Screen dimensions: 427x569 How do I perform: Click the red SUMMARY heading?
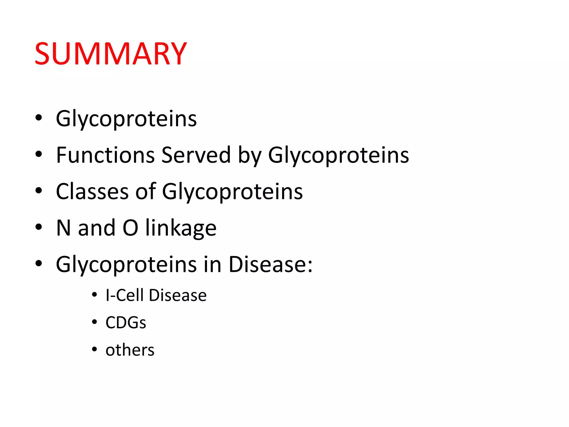click(111, 53)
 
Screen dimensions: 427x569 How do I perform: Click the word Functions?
click(105, 155)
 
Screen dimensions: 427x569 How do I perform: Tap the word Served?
click(196, 155)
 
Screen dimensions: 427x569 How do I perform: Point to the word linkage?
click(181, 228)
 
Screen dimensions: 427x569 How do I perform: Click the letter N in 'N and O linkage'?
click(63, 228)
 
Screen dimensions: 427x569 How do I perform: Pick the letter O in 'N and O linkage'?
click(130, 228)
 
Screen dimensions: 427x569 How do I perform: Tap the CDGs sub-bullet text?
click(126, 322)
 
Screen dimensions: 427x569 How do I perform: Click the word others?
click(130, 350)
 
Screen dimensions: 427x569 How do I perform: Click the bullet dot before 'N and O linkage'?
click(39, 227)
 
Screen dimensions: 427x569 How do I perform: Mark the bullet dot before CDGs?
click(94, 322)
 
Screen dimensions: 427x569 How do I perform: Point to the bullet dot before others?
click(94, 349)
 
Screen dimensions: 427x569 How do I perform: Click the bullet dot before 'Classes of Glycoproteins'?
click(39, 191)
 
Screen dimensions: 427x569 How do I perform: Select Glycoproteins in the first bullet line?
click(126, 119)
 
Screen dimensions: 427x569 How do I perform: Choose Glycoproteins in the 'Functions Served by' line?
click(338, 155)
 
